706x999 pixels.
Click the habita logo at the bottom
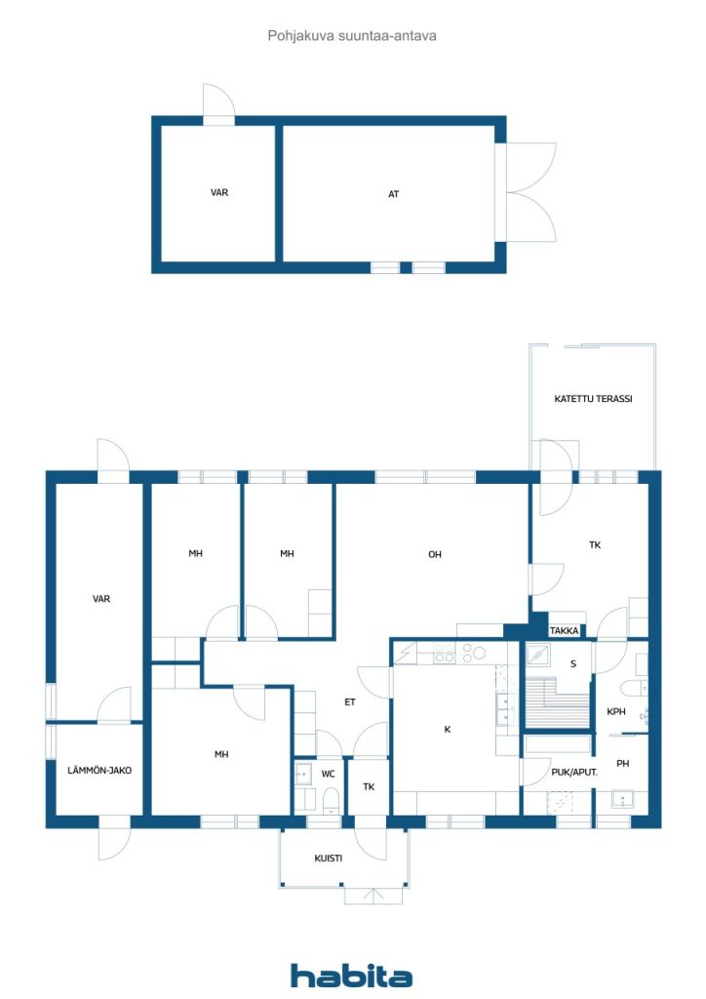[x=351, y=976]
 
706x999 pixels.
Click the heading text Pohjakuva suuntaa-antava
[x=352, y=36]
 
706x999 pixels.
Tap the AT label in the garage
[x=393, y=194]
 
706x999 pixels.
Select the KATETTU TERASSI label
[x=593, y=399]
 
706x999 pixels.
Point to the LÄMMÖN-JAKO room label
[x=99, y=770]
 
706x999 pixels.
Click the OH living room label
[x=435, y=554]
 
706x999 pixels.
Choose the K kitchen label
[x=447, y=729]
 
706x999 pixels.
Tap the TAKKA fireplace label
[x=564, y=631]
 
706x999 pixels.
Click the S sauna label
[x=573, y=663]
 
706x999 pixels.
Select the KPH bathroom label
[x=615, y=711]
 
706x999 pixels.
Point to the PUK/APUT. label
[x=573, y=773]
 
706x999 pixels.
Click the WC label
[x=328, y=774]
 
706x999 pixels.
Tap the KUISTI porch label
[x=328, y=859]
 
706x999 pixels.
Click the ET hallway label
[x=349, y=701]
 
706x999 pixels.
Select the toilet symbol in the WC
[x=331, y=801]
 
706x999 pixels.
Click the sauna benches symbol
[x=557, y=702]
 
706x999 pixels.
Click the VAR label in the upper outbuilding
[x=219, y=192]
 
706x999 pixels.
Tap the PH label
[x=622, y=763]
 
